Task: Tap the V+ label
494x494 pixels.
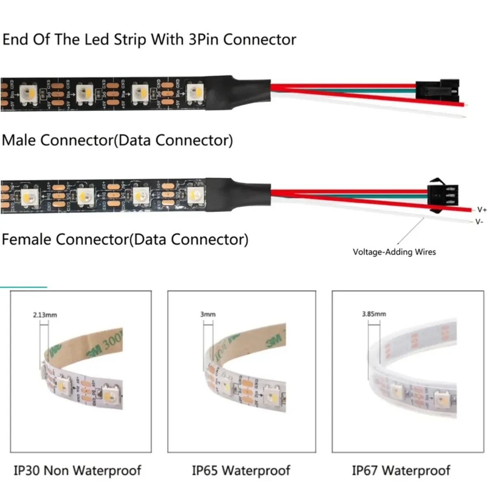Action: click(482, 210)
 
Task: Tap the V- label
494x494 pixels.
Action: click(479, 222)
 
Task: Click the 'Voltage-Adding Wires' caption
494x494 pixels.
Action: click(394, 252)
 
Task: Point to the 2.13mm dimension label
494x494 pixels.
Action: click(45, 315)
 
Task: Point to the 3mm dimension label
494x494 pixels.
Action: click(208, 314)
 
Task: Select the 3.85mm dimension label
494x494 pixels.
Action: click(374, 314)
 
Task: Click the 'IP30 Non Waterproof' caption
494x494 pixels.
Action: click(77, 471)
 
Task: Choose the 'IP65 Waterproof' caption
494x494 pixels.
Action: click(241, 471)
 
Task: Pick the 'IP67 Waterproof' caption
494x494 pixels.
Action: click(401, 471)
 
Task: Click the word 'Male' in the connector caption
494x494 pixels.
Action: click(19, 140)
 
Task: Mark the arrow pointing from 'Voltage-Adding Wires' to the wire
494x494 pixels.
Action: click(410, 232)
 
